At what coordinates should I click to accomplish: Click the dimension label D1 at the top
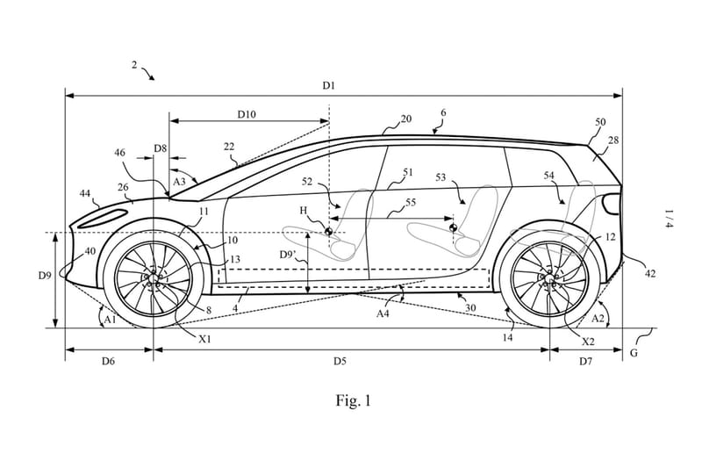[x=328, y=85]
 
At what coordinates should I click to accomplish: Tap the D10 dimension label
[x=247, y=114]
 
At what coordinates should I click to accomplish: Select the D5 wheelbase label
[x=339, y=360]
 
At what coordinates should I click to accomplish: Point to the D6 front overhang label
[x=109, y=360]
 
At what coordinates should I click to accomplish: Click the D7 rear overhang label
[x=586, y=360]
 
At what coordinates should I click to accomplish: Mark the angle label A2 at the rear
[x=599, y=318]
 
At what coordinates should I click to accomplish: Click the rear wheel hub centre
[x=549, y=280]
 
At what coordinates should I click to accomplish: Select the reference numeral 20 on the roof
[x=405, y=119]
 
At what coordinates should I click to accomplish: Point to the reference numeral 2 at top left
[x=135, y=64]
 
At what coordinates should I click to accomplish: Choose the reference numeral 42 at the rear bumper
[x=650, y=274]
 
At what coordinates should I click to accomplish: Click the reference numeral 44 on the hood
[x=85, y=192]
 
